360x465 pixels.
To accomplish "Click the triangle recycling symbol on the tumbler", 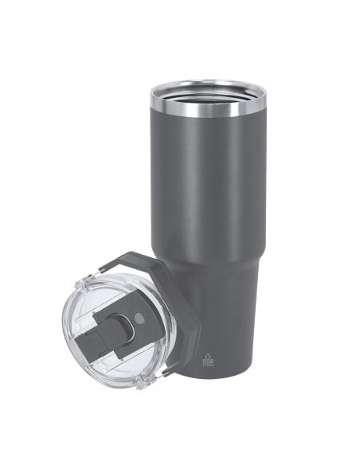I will coord(209,358).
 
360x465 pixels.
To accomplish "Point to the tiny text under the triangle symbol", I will coord(209,366).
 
